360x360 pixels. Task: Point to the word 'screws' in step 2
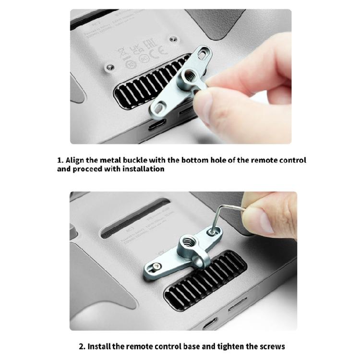(x=272, y=346)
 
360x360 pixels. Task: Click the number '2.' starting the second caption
(x=82, y=346)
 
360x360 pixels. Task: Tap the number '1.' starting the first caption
(x=60, y=160)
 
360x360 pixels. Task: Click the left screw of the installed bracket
(x=157, y=266)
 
